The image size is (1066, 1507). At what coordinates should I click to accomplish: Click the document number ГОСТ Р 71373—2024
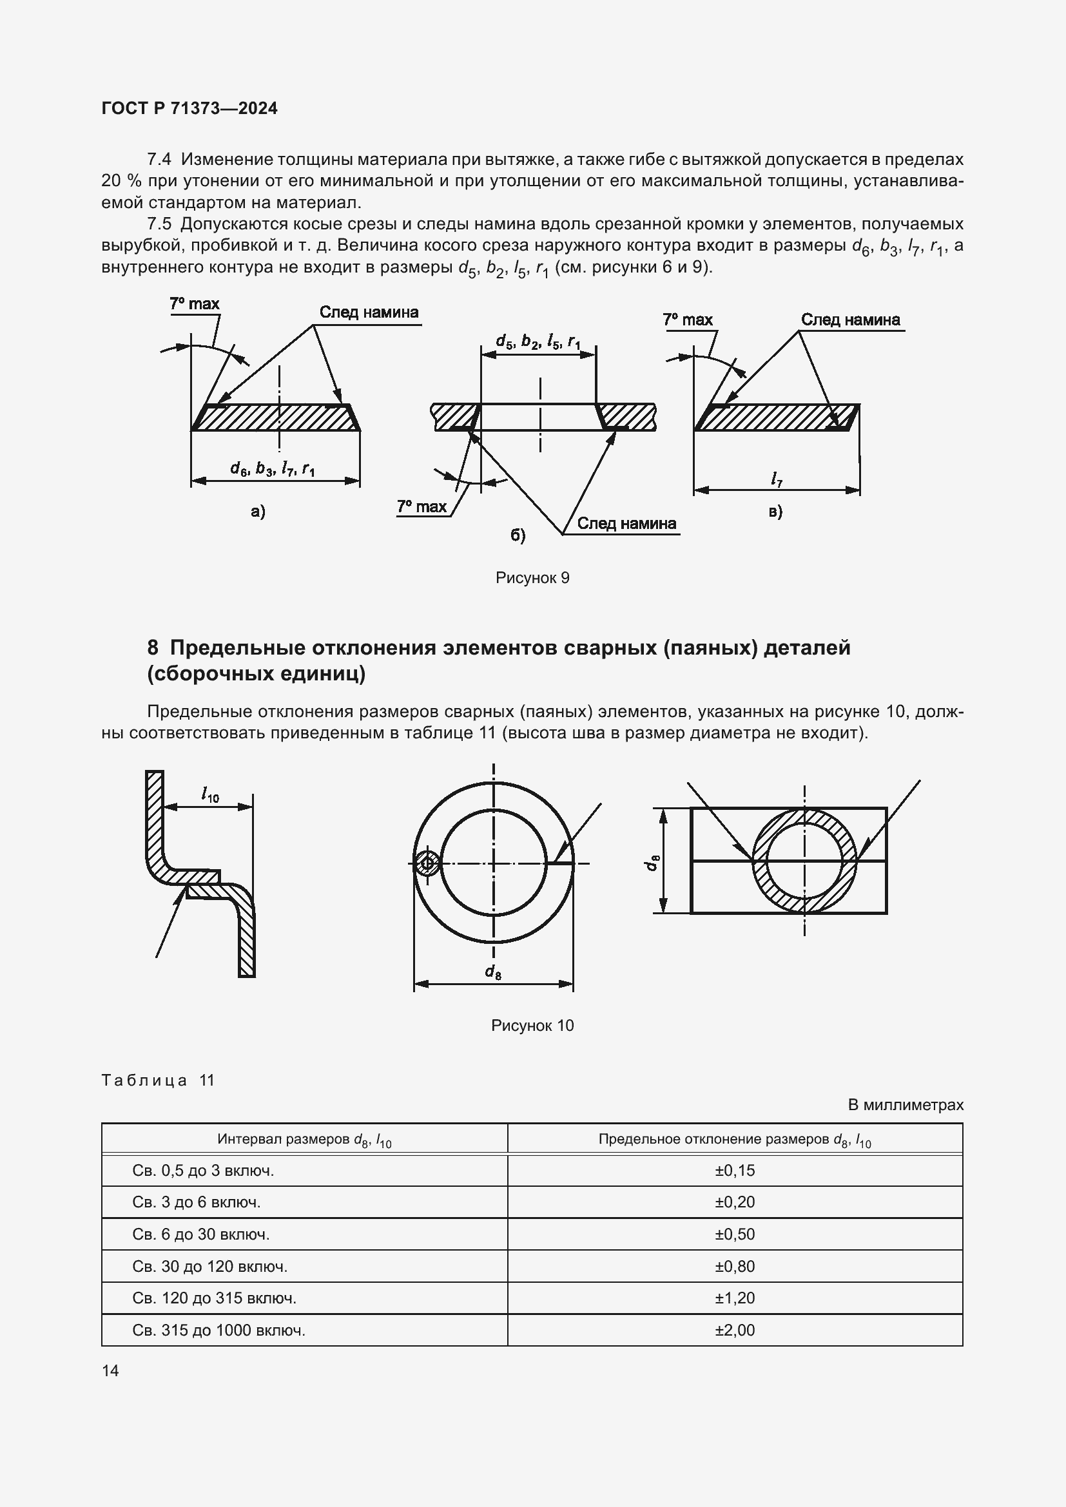pyautogui.click(x=189, y=108)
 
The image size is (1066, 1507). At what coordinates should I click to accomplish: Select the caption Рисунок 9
pyautogui.click(x=532, y=577)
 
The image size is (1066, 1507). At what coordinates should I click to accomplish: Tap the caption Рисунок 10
pyautogui.click(x=532, y=1025)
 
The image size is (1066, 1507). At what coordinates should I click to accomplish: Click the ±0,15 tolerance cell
pyautogui.click(x=735, y=1170)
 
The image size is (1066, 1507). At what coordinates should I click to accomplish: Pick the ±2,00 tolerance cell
pyautogui.click(x=735, y=1330)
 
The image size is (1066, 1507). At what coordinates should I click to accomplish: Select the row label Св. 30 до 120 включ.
pyautogui.click(x=210, y=1266)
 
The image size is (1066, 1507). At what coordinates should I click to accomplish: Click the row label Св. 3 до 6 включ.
pyautogui.click(x=197, y=1202)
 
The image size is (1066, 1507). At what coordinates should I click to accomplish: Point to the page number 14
pyautogui.click(x=110, y=1370)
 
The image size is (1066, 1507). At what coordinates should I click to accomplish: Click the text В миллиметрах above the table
pyautogui.click(x=905, y=1105)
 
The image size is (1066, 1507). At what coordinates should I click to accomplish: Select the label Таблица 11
pyautogui.click(x=158, y=1080)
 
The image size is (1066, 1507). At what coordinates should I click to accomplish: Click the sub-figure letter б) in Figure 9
pyautogui.click(x=518, y=535)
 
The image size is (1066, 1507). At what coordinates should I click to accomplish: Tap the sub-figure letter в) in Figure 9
pyautogui.click(x=775, y=512)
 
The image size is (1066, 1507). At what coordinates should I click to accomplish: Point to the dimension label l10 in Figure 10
pyautogui.click(x=210, y=796)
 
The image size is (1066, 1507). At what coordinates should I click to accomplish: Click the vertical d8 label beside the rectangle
pyautogui.click(x=651, y=863)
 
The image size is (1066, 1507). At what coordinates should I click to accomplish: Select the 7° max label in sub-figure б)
pyautogui.click(x=422, y=506)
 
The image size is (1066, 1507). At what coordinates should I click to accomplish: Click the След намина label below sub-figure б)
pyautogui.click(x=626, y=523)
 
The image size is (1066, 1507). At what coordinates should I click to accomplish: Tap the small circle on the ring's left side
pyautogui.click(x=427, y=863)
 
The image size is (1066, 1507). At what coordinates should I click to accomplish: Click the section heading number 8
pyautogui.click(x=152, y=648)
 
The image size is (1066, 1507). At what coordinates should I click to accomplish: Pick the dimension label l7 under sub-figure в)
pyautogui.click(x=777, y=480)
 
